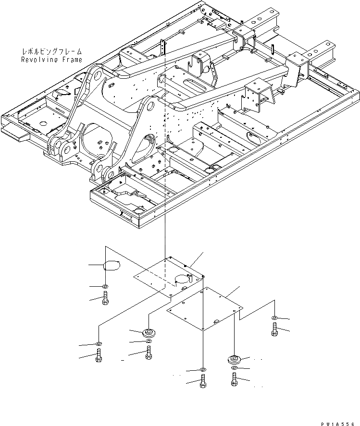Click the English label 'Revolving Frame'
(x=51, y=60)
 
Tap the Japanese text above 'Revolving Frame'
(x=52, y=51)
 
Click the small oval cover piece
(x=112, y=265)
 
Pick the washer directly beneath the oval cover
(x=106, y=287)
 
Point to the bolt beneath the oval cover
(x=106, y=298)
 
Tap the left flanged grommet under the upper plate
(x=149, y=332)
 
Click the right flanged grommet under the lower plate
(x=234, y=359)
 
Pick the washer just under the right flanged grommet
(x=234, y=368)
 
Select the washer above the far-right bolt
(x=274, y=318)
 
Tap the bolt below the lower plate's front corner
(x=203, y=383)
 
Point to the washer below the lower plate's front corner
(x=203, y=370)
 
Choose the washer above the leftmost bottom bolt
(x=99, y=344)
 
